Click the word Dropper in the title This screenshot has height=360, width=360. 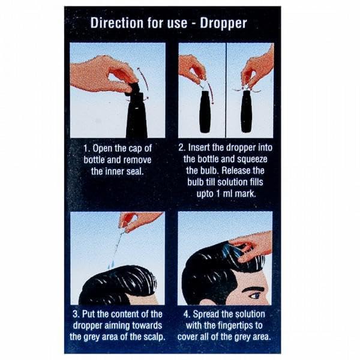pyautogui.click(x=223, y=23)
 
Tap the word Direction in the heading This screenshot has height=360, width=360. pyautogui.click(x=117, y=23)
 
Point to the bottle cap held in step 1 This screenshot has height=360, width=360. pyautogui.click(x=133, y=88)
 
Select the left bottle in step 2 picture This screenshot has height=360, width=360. pyautogui.click(x=205, y=112)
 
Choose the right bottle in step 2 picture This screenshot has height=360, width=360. pyautogui.click(x=247, y=112)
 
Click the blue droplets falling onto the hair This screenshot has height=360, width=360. pyautogui.click(x=111, y=264)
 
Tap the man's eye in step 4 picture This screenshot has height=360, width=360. pyautogui.click(x=256, y=296)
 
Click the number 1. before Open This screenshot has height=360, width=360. pyautogui.click(x=87, y=149)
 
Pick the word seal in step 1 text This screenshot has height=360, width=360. pyautogui.click(x=136, y=171)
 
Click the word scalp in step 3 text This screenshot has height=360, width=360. pyautogui.click(x=155, y=337)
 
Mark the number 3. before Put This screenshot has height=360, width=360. pyautogui.click(x=76, y=314)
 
